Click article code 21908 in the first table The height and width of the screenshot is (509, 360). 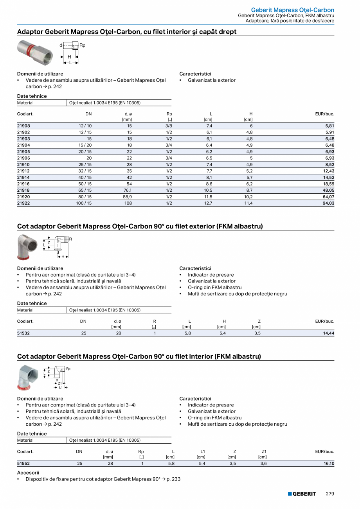click(x=23, y=126)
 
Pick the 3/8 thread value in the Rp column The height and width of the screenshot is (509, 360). click(x=169, y=126)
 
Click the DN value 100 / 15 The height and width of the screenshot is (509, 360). click(x=84, y=203)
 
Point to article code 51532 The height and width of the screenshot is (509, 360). click(x=23, y=333)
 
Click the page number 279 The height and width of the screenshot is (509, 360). click(x=330, y=494)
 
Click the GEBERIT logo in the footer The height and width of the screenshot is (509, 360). click(x=302, y=494)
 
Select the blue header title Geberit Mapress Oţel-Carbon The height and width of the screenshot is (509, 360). click(x=292, y=10)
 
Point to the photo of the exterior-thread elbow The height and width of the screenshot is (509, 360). click(x=28, y=246)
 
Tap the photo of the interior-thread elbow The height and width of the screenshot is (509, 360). click(x=28, y=377)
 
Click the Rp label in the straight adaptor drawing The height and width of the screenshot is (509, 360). click(x=82, y=45)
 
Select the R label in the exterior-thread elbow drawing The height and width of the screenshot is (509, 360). click(x=70, y=239)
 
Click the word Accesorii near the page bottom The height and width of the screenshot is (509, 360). click(x=28, y=473)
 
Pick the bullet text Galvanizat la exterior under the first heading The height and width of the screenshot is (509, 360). click(x=212, y=80)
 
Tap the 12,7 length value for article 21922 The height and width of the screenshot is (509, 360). click(x=209, y=203)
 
